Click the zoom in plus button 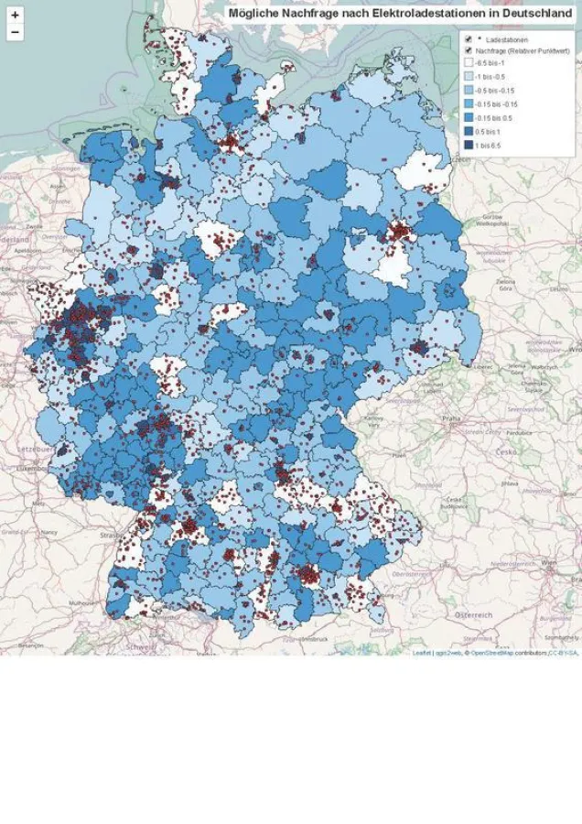pyautogui.click(x=15, y=16)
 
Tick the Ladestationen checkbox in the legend pyautogui.click(x=468, y=39)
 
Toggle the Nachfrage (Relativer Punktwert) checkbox pyautogui.click(x=468, y=51)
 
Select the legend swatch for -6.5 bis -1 pyautogui.click(x=468, y=64)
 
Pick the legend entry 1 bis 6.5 pyautogui.click(x=468, y=146)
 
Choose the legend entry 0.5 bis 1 pyautogui.click(x=468, y=132)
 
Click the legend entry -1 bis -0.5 pyautogui.click(x=468, y=78)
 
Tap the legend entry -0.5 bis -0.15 pyautogui.click(x=468, y=91)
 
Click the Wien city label pyautogui.click(x=550, y=561)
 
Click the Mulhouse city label pyautogui.click(x=81, y=604)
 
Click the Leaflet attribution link pyautogui.click(x=422, y=653)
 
